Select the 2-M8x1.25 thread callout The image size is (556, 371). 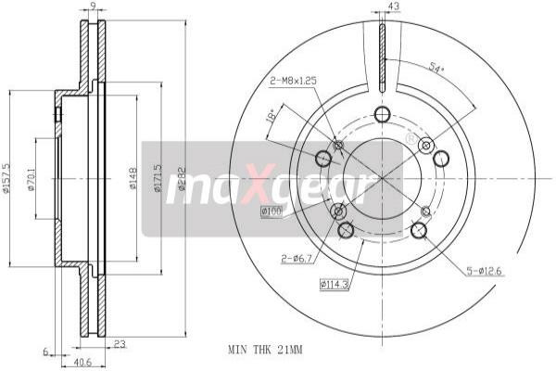293,81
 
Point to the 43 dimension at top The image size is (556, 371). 394,7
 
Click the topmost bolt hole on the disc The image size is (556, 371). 382,114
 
